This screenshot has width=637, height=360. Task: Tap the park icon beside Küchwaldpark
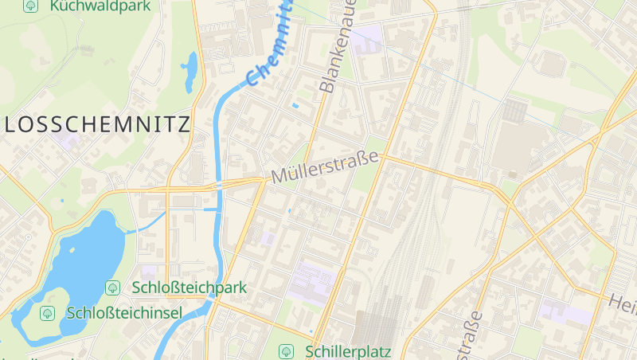point(31,6)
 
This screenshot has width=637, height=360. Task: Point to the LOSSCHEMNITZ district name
point(97,124)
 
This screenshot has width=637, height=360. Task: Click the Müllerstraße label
point(325,168)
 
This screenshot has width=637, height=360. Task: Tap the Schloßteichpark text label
point(190,288)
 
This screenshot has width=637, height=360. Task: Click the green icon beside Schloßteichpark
point(113,288)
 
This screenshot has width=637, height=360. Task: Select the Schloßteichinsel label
point(125,312)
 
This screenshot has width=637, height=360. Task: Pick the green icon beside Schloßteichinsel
point(48,312)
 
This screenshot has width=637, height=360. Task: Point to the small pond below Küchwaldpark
point(190,72)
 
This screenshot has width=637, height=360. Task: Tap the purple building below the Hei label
point(566,311)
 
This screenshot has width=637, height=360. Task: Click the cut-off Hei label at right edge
point(623,302)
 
